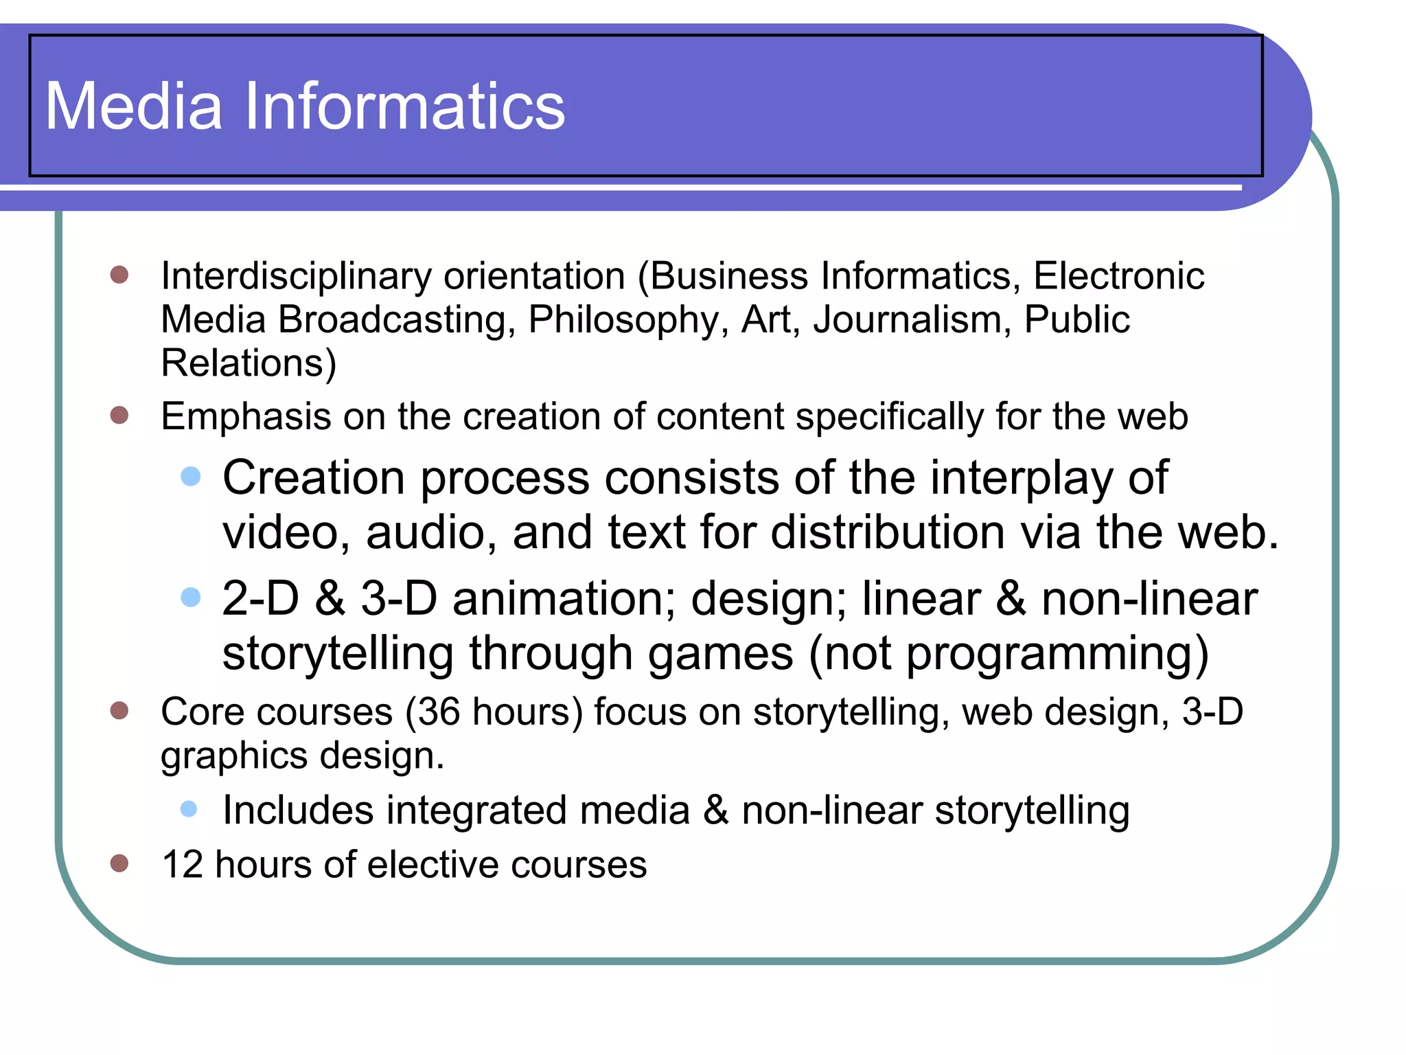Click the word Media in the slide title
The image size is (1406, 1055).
pos(134,106)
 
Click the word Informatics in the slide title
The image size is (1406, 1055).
pos(404,106)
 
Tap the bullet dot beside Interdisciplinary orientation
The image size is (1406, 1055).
pos(119,275)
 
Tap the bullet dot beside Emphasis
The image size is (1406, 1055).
pos(119,415)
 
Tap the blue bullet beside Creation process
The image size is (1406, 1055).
pos(190,476)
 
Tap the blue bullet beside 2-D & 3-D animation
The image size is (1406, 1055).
pos(190,596)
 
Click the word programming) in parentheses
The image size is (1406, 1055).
pos(1057,653)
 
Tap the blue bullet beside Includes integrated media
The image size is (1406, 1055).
pos(189,808)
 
